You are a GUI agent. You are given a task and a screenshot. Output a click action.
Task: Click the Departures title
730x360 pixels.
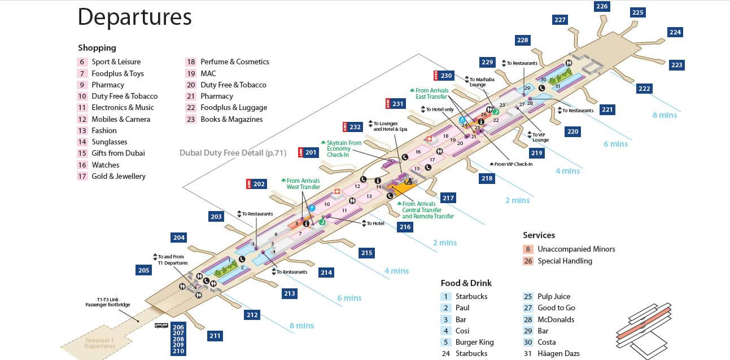[134, 17]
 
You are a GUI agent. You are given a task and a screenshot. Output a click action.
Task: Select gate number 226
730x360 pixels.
[602, 7]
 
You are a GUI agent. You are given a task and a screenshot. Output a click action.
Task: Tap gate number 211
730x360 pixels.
[215, 336]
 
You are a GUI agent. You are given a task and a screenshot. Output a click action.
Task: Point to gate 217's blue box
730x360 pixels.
[448, 198]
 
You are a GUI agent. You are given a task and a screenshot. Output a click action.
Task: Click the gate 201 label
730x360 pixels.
[311, 152]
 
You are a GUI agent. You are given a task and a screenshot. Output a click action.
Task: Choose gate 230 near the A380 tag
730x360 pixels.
[447, 76]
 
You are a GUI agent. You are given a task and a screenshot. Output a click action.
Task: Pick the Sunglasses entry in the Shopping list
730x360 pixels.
[109, 142]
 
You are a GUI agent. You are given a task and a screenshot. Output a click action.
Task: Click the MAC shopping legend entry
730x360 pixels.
[208, 73]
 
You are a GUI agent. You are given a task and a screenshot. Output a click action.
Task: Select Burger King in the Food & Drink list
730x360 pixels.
[474, 342]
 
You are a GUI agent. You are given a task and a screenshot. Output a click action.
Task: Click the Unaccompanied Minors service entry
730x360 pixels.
[576, 249]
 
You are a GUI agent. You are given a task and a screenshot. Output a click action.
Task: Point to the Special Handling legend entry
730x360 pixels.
[565, 261]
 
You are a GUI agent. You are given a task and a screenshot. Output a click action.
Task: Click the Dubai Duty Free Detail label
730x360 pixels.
[233, 153]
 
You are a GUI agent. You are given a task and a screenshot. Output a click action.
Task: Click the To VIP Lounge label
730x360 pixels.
[540, 137]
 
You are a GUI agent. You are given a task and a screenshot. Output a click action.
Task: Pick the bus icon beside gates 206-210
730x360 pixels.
[161, 326]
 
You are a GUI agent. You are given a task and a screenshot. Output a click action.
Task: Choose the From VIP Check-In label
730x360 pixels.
[513, 164]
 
